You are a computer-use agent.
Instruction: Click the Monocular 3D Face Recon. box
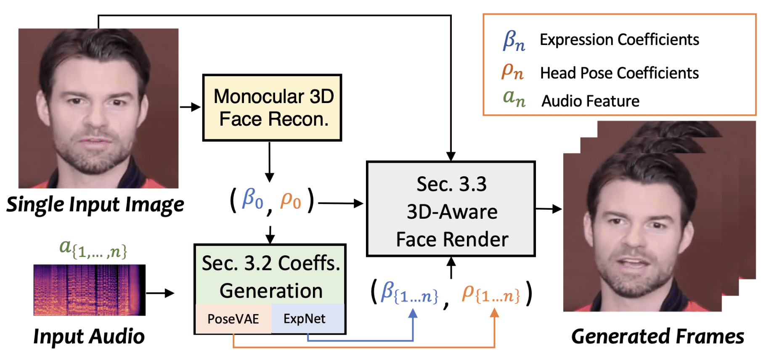click(272, 108)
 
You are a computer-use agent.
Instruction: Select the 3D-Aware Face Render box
click(451, 209)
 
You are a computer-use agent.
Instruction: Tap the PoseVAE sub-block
click(233, 319)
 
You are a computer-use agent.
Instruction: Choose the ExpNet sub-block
click(305, 318)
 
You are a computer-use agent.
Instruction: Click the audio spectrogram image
click(89, 290)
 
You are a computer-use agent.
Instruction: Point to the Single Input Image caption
click(95, 205)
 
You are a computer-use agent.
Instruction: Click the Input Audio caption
click(89, 336)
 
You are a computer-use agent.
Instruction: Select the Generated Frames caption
click(657, 336)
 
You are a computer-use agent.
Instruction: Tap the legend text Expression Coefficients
click(619, 40)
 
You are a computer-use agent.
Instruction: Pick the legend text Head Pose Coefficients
click(619, 73)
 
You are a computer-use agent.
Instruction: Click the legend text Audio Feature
click(590, 101)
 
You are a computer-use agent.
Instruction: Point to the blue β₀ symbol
click(252, 199)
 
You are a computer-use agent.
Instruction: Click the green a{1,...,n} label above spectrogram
click(93, 248)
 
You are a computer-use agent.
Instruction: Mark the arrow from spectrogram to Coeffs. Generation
click(160, 293)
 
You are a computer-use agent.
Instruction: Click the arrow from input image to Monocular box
click(190, 107)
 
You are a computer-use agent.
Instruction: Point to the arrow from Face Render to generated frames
click(549, 209)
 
